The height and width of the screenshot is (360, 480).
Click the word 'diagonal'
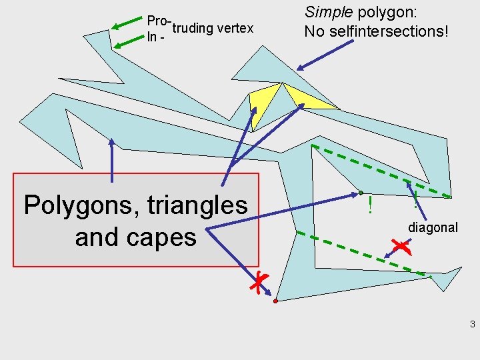click(x=433, y=227)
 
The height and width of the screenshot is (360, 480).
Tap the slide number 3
click(x=472, y=325)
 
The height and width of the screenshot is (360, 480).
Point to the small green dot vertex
click(x=361, y=193)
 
